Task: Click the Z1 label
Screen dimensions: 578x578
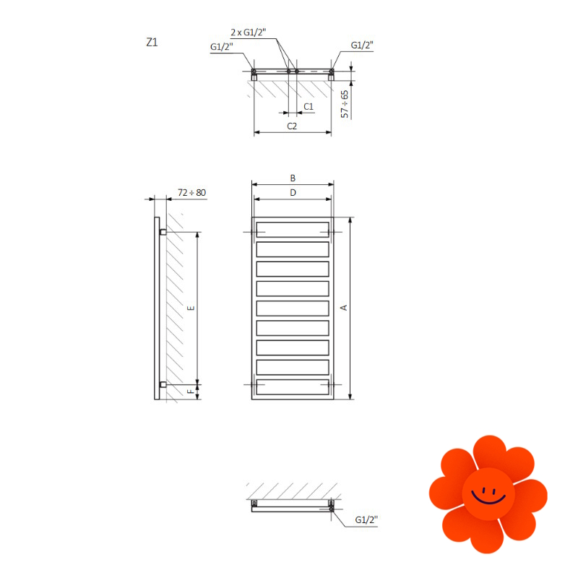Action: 152,43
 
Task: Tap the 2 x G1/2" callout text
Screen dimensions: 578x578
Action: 249,33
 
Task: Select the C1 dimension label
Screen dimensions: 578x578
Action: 309,106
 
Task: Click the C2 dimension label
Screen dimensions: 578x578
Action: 292,126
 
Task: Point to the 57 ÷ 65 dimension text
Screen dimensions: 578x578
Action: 345,104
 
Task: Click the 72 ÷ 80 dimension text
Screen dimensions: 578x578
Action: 191,192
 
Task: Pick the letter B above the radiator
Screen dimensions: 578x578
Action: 293,178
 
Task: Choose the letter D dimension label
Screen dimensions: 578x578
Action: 293,192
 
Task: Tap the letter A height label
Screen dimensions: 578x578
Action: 344,308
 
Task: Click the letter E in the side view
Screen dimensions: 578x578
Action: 191,308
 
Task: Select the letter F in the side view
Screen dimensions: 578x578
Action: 191,392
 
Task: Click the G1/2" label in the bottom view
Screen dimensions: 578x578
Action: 366,519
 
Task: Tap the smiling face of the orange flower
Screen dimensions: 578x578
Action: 488,494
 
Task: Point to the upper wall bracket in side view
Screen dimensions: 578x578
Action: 163,232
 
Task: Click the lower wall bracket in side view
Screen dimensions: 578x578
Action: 163,384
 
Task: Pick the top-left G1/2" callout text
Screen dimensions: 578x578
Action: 222,47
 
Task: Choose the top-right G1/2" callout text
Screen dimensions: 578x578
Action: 362,45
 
